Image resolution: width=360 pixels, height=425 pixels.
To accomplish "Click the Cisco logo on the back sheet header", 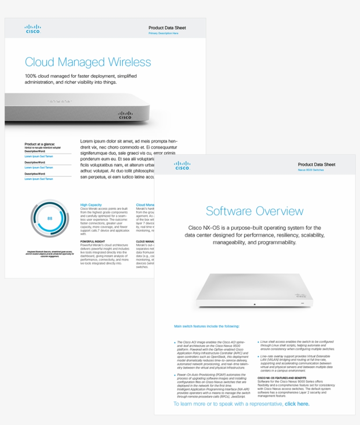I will (x=33, y=29).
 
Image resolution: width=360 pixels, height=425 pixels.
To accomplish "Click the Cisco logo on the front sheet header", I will (x=182, y=166).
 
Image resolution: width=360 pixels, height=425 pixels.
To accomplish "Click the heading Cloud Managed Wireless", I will (x=88, y=62).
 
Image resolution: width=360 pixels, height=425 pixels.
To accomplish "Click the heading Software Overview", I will (x=255, y=211).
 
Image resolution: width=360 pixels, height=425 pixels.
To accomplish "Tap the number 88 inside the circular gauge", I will (x=50, y=218).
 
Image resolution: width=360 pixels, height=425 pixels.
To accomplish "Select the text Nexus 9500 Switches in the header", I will (x=311, y=170).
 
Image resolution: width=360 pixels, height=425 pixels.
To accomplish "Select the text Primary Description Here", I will (x=163, y=33).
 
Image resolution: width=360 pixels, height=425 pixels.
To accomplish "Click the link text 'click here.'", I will (x=297, y=404).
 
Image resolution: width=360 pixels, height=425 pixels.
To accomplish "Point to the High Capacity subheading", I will (x=91, y=205).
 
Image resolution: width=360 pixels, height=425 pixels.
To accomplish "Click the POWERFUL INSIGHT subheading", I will (x=93, y=241).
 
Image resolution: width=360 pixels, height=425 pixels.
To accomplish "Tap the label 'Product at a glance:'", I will (x=39, y=144).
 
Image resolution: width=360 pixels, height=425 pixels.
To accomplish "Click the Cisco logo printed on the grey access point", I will (x=125, y=115).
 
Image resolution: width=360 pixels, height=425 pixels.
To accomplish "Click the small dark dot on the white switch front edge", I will (x=255, y=304).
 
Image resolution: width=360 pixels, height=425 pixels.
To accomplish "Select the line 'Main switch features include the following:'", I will (x=207, y=327).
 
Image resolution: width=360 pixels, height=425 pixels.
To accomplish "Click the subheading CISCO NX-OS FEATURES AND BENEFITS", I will (x=282, y=378).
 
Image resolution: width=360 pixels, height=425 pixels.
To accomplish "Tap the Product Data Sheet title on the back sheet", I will (x=167, y=28).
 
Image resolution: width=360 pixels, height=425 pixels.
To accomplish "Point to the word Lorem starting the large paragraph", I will (x=87, y=141).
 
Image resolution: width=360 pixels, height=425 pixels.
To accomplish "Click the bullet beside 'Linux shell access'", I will (x=258, y=342).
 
